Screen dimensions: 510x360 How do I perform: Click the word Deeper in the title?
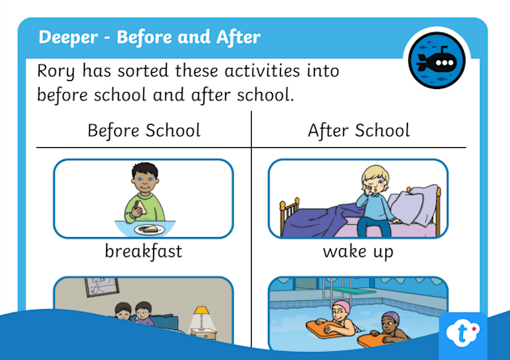[68, 37]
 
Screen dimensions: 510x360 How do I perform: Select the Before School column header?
[144, 130]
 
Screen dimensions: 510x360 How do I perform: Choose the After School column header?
[359, 130]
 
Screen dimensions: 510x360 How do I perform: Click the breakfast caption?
[143, 251]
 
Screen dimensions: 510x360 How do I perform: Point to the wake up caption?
[358, 252]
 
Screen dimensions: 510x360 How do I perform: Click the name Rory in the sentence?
[56, 71]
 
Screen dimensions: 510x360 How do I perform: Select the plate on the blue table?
[150, 230]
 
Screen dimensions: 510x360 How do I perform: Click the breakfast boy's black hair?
[145, 170]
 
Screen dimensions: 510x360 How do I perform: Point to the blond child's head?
[375, 179]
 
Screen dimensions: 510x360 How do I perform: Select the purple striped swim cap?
[391, 316]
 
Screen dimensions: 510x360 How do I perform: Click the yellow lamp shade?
[202, 311]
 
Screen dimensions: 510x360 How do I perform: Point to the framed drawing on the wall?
[102, 286]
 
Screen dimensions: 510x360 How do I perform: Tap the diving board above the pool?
[354, 290]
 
